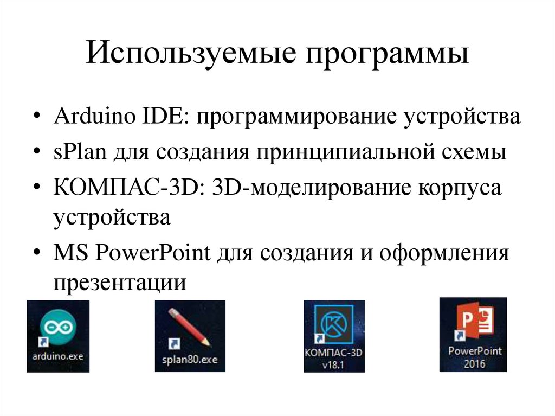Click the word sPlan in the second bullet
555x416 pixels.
[79, 152]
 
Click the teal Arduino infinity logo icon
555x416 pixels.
[58, 327]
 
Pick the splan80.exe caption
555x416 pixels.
[190, 359]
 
